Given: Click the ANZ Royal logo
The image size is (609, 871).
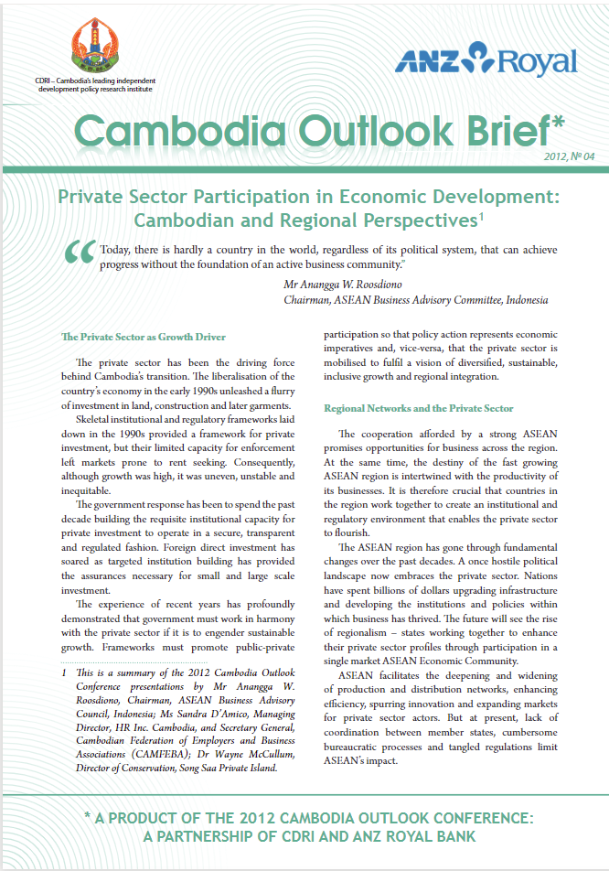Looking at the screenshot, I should pos(486,61).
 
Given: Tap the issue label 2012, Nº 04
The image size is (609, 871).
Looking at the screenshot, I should pos(569,156).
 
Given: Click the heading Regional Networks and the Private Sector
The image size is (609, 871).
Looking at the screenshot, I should pos(419,408).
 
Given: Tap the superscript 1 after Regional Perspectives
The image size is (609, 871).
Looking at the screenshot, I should pos(480,217).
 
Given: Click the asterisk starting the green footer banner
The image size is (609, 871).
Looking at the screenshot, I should pos(88,816).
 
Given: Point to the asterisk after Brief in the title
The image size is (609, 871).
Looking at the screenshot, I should pos(558,121).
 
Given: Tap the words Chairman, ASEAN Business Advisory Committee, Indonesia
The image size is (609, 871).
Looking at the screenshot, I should pos(416,300).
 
